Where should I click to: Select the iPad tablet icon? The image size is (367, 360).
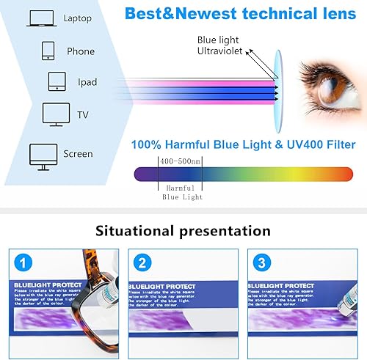[x=57, y=81]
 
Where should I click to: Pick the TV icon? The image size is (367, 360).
[x=56, y=115]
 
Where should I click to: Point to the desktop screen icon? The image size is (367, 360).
[x=43, y=154]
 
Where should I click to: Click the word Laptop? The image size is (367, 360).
[x=79, y=18]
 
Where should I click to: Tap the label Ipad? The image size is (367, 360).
[x=87, y=82]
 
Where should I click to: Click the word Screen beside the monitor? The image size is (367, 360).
[x=78, y=154]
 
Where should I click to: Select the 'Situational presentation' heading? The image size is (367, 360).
[x=183, y=231]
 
